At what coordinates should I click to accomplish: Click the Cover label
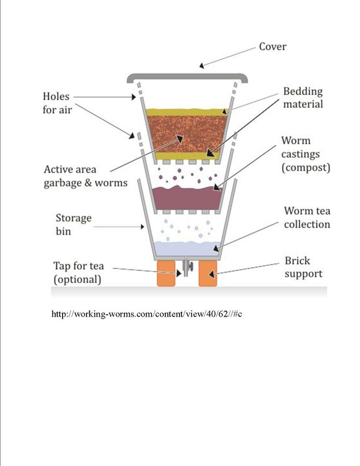tap(272, 47)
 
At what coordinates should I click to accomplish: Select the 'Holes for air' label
tap(57, 103)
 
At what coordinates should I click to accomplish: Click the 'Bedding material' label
tap(303, 97)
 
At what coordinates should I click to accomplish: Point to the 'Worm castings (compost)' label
tap(306, 154)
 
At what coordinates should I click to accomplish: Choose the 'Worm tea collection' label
tap(307, 217)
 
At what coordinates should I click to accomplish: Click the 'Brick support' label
tap(303, 267)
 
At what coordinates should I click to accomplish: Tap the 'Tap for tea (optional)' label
tap(79, 272)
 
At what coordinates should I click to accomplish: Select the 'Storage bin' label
tap(73, 224)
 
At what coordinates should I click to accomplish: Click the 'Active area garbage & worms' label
tap(86, 176)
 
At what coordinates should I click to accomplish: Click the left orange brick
tap(166, 274)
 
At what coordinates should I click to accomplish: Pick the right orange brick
tap(207, 274)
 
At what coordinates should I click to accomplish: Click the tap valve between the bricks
tap(187, 267)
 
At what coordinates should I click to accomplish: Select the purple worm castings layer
tap(187, 198)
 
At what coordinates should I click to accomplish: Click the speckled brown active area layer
tap(187, 134)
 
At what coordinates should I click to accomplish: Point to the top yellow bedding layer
tap(187, 112)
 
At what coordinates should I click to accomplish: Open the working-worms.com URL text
tap(147, 314)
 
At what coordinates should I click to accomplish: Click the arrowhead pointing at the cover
tap(202, 66)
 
